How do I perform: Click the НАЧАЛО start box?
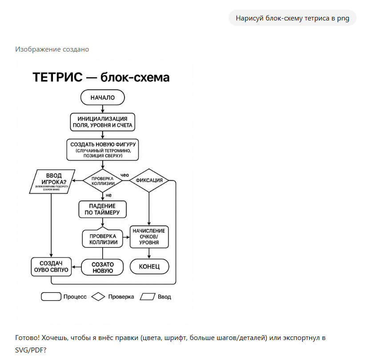pos(103,97)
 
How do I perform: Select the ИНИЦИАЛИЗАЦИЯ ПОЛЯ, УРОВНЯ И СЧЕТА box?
pos(103,122)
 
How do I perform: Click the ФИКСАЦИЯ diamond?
pos(149,181)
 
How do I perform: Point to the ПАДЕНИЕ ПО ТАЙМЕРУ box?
pos(103,210)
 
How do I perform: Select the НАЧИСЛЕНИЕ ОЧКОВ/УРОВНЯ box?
pos(149,237)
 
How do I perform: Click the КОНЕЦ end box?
pos(149,267)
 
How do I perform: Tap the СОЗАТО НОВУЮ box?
pos(103,267)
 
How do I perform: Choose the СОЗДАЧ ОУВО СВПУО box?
pos(51,267)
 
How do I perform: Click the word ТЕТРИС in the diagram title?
pos(57,77)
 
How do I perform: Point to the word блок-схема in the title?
pos(135,77)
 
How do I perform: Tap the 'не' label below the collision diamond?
pos(108,195)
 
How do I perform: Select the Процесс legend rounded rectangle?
pos(51,296)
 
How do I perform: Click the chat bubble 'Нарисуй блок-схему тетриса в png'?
pos(292,18)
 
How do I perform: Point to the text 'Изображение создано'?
pos(52,49)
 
